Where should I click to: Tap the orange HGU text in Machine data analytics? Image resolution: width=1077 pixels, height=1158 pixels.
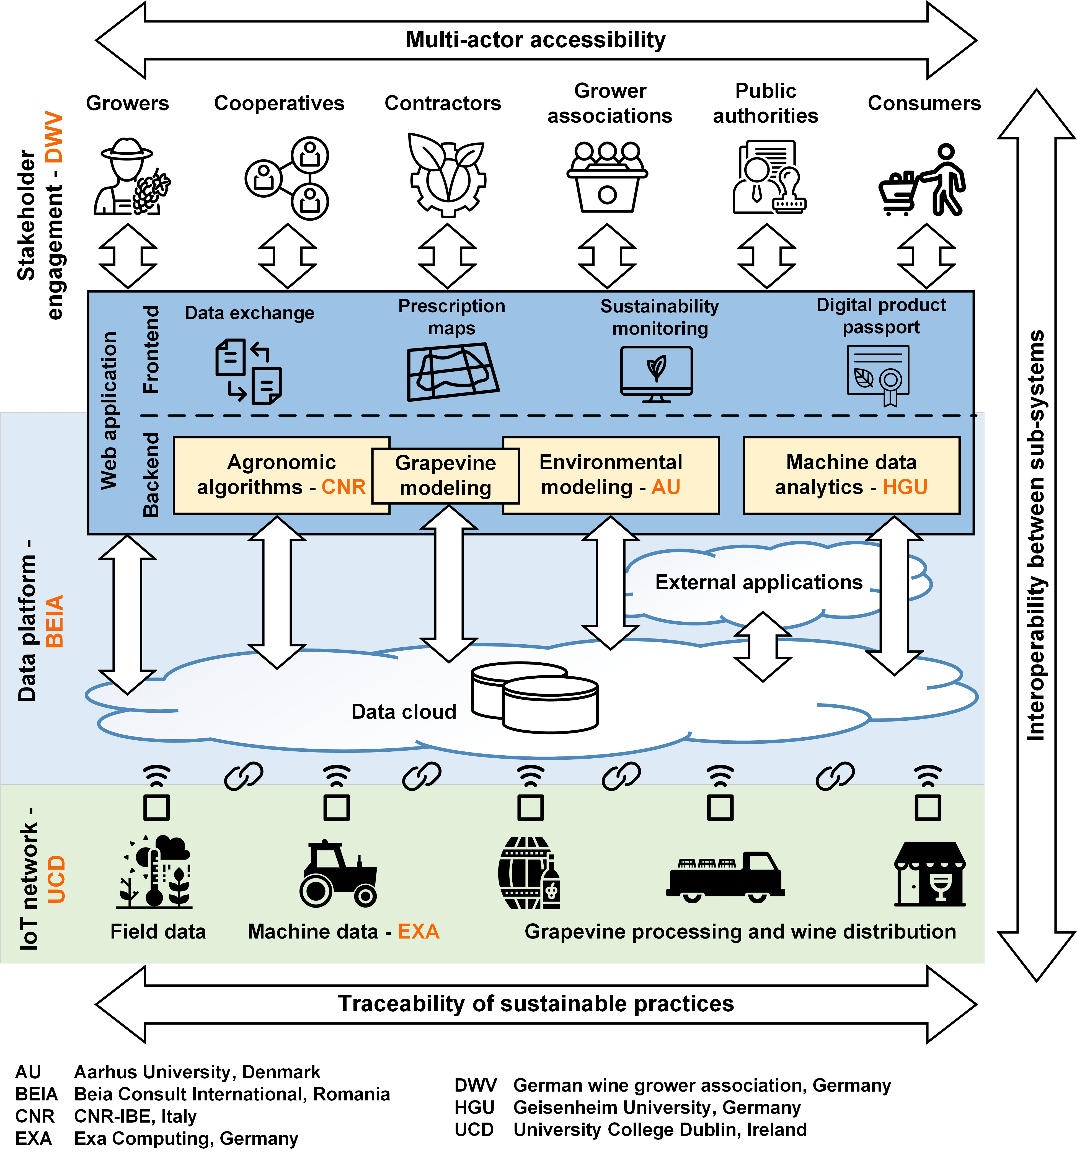(x=905, y=487)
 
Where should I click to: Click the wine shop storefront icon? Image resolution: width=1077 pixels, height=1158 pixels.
(x=929, y=874)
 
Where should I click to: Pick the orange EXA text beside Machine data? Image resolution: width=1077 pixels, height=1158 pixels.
(x=418, y=931)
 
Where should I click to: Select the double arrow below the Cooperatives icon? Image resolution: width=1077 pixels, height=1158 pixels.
(x=288, y=256)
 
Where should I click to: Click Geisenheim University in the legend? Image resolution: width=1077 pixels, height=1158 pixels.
(x=657, y=1107)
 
